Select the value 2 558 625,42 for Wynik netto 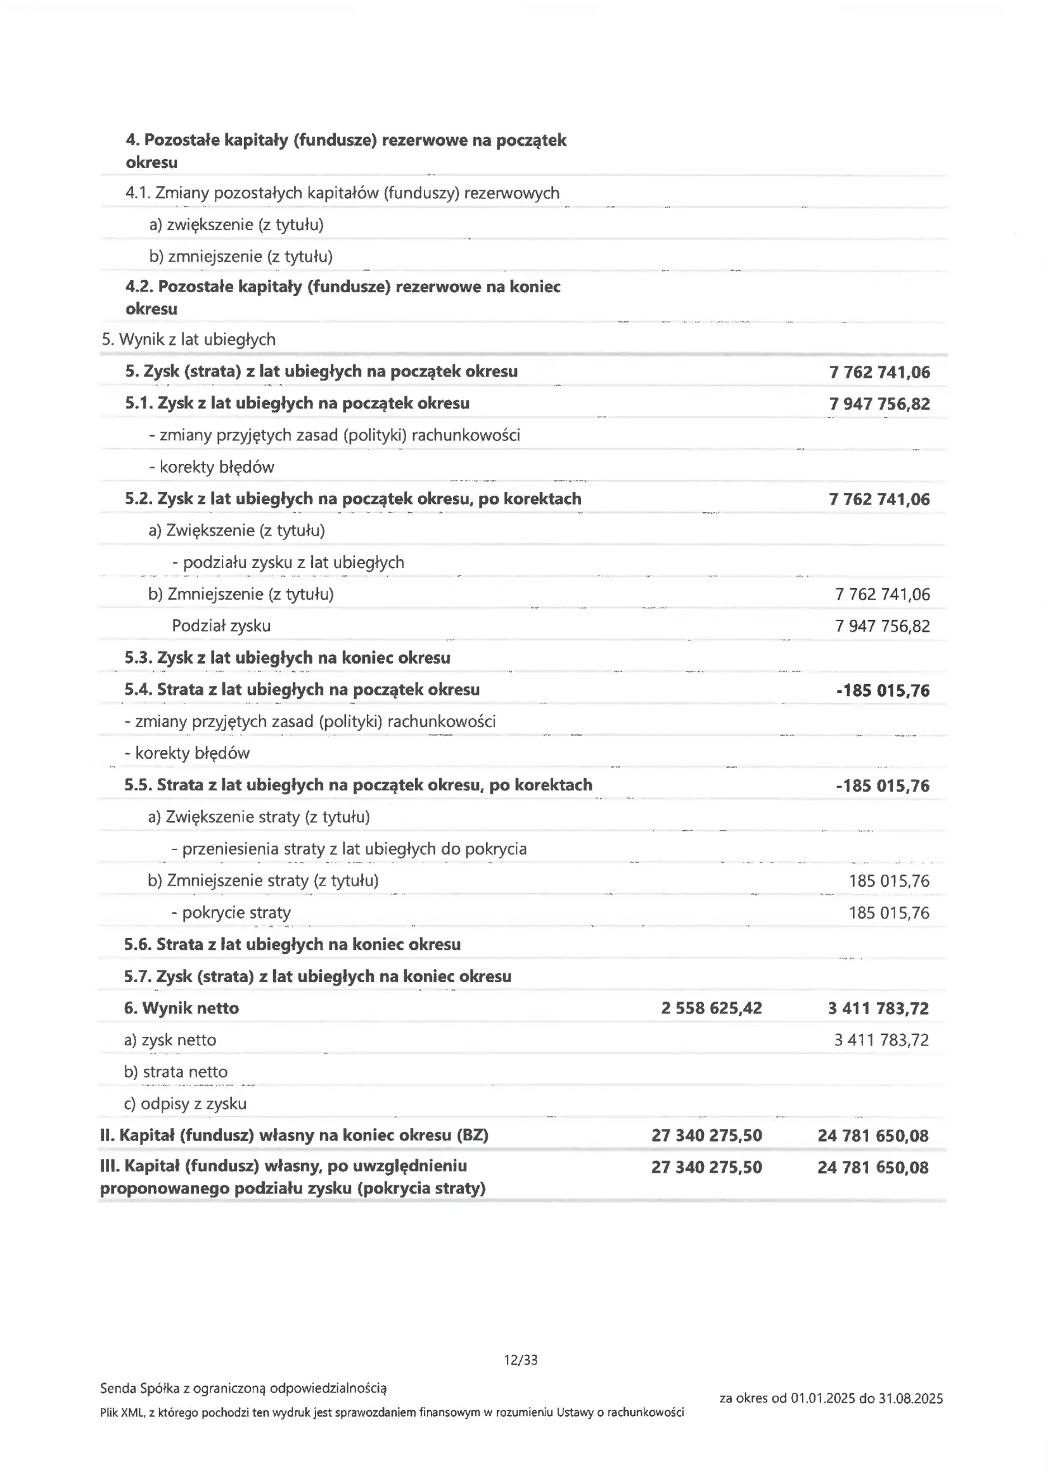711,1008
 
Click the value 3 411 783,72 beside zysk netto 881,1039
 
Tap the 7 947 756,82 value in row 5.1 879,404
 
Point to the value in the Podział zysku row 882,626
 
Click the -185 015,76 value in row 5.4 882,691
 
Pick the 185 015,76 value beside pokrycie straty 888,913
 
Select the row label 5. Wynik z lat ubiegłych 188,340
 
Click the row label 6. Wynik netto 181,1008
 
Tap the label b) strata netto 176,1071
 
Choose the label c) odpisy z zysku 185,1103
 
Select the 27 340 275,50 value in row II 706,1135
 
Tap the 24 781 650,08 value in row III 872,1167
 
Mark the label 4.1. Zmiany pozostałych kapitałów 342,193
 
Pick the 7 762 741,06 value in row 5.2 879,499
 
